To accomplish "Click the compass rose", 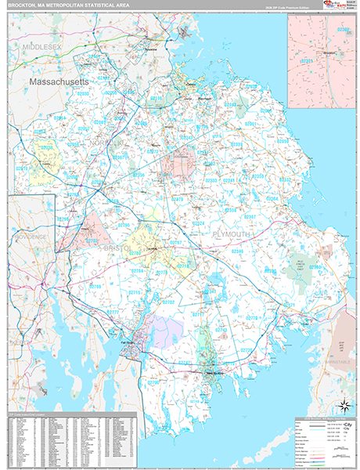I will [342, 406].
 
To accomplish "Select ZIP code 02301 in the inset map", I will [307, 60].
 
